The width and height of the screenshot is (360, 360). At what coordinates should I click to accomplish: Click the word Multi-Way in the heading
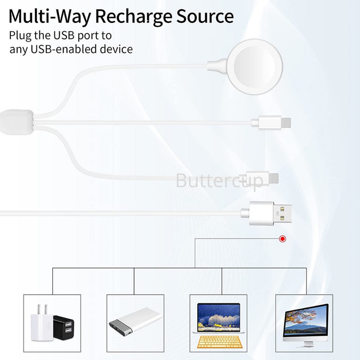pyautogui.click(x=49, y=17)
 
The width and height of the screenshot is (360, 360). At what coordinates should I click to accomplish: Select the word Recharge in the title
pyautogui.click(x=134, y=17)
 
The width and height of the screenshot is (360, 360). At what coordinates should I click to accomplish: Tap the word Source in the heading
pyautogui.click(x=205, y=16)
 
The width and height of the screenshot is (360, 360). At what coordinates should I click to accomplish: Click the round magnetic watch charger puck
pyautogui.click(x=255, y=67)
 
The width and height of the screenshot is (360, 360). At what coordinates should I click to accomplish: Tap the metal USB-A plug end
pyautogui.click(x=283, y=213)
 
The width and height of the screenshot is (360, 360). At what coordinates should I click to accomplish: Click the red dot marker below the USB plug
pyautogui.click(x=283, y=239)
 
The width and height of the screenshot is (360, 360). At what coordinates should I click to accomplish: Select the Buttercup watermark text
pyautogui.click(x=220, y=181)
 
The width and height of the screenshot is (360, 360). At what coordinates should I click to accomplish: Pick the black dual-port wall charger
pyautogui.click(x=63, y=328)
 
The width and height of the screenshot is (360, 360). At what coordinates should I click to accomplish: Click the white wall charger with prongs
pyautogui.click(x=42, y=323)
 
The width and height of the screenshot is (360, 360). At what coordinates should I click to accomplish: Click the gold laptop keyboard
pyautogui.click(x=220, y=342)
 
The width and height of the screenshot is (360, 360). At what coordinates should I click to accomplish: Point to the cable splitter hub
pyautogui.click(x=17, y=122)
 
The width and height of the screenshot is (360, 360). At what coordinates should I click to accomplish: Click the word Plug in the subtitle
pyautogui.click(x=20, y=36)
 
